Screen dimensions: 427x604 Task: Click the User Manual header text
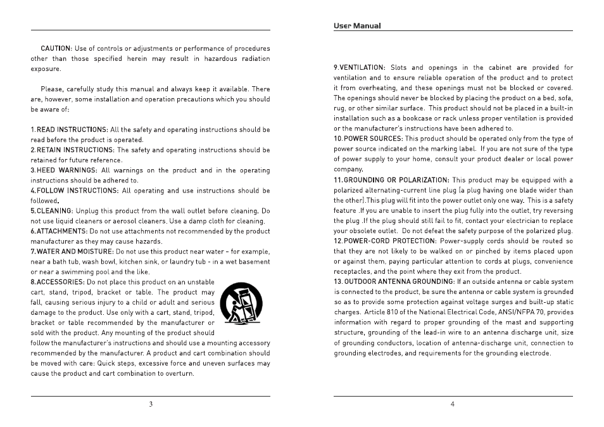(x=357, y=26)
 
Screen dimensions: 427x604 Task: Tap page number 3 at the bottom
(x=151, y=404)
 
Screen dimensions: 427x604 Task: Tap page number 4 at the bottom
(x=452, y=404)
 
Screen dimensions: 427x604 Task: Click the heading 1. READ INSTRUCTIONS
(x=70, y=130)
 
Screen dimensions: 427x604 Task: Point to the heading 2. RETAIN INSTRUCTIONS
(x=72, y=150)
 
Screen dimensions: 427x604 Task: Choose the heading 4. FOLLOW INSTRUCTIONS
(x=74, y=191)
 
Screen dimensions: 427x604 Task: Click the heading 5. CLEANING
(x=52, y=211)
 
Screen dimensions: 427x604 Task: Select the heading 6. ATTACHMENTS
(x=59, y=231)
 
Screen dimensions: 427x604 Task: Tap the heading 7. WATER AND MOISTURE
(x=72, y=252)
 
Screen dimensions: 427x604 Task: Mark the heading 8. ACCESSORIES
(x=58, y=282)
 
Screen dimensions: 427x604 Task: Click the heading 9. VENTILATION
(x=359, y=68)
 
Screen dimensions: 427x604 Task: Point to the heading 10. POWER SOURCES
(x=368, y=139)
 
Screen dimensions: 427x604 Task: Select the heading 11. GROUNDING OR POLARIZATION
(x=391, y=180)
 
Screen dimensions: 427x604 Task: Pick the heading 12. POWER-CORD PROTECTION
(x=385, y=241)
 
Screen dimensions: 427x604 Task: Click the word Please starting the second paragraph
(x=52, y=89)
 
